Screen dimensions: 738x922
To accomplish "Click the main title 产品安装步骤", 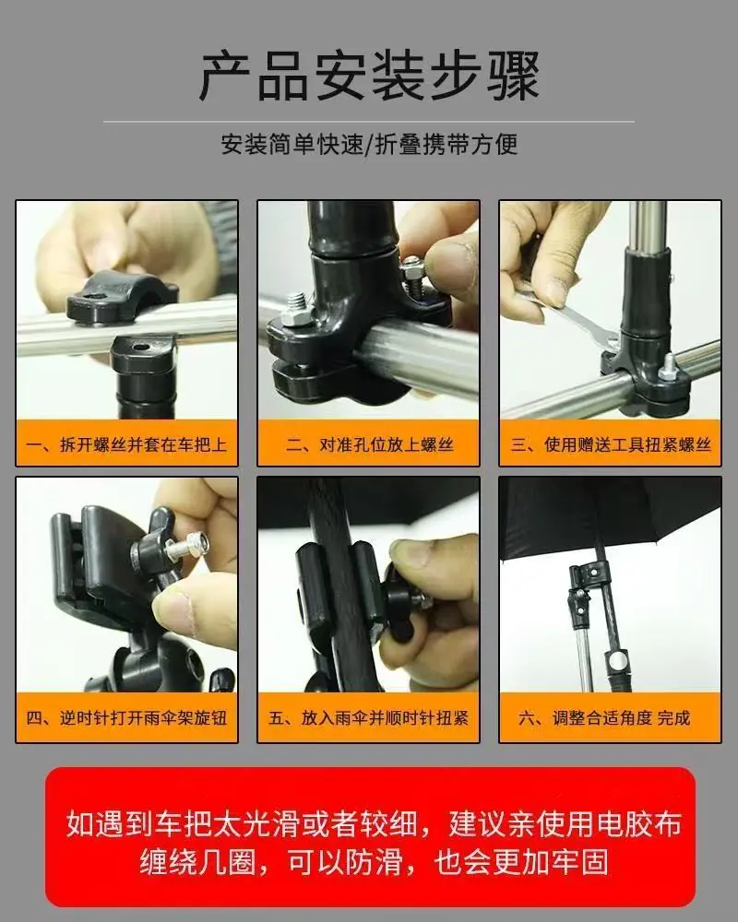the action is (369, 76).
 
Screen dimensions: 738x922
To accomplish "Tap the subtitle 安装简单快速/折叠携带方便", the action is (369, 145).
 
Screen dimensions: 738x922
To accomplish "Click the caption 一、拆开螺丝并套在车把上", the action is (126, 444).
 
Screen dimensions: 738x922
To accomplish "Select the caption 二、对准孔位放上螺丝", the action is (370, 444).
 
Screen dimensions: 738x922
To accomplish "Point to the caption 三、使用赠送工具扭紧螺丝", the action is (611, 444).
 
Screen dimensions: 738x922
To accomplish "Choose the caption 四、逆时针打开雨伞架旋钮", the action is (126, 718).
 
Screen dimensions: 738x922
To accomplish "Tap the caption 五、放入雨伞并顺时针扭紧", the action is (368, 718).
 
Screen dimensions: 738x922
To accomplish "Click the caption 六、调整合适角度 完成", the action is (604, 718).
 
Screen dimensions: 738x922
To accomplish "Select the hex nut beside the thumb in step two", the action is (411, 270).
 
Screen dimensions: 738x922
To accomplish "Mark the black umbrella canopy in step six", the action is (611, 517).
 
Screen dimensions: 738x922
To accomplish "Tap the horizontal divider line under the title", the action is (369, 122).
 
